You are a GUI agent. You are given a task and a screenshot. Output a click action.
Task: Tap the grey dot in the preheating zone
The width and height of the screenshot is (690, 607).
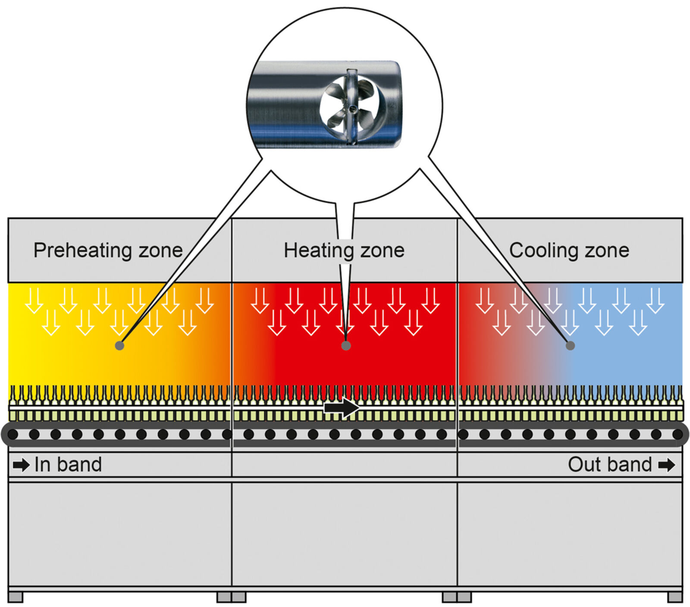click(120, 345)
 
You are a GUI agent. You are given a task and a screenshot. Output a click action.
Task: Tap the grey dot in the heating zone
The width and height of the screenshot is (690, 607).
click(346, 345)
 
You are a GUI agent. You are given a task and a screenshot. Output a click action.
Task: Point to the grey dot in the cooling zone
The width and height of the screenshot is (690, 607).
click(570, 345)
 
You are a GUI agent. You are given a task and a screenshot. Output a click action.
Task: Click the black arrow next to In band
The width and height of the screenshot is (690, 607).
click(21, 465)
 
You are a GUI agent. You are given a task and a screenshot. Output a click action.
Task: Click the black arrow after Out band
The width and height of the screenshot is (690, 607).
click(666, 465)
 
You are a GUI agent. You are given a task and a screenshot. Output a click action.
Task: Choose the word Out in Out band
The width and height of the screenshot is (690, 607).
click(584, 465)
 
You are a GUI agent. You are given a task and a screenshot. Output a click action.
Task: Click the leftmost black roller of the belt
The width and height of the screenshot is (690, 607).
click(13, 434)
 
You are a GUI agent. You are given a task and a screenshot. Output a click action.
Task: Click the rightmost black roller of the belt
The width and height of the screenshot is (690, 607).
click(677, 434)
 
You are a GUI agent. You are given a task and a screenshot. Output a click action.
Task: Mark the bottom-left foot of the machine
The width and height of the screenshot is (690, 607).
click(15, 597)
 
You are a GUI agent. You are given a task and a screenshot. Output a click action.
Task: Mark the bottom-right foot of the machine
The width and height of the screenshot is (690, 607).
click(675, 597)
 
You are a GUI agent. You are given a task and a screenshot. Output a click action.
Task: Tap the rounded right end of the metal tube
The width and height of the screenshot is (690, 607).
click(396, 103)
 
